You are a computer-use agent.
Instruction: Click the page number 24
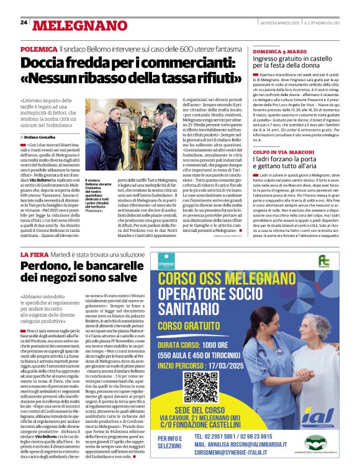pos(24,22)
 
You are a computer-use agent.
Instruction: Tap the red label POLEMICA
pos(38,48)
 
